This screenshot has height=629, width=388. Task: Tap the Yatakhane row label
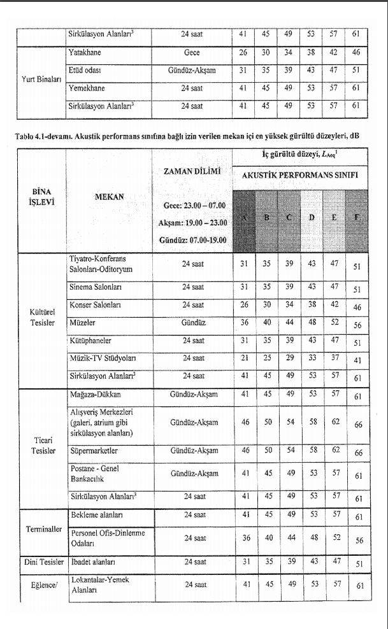pos(85,52)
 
